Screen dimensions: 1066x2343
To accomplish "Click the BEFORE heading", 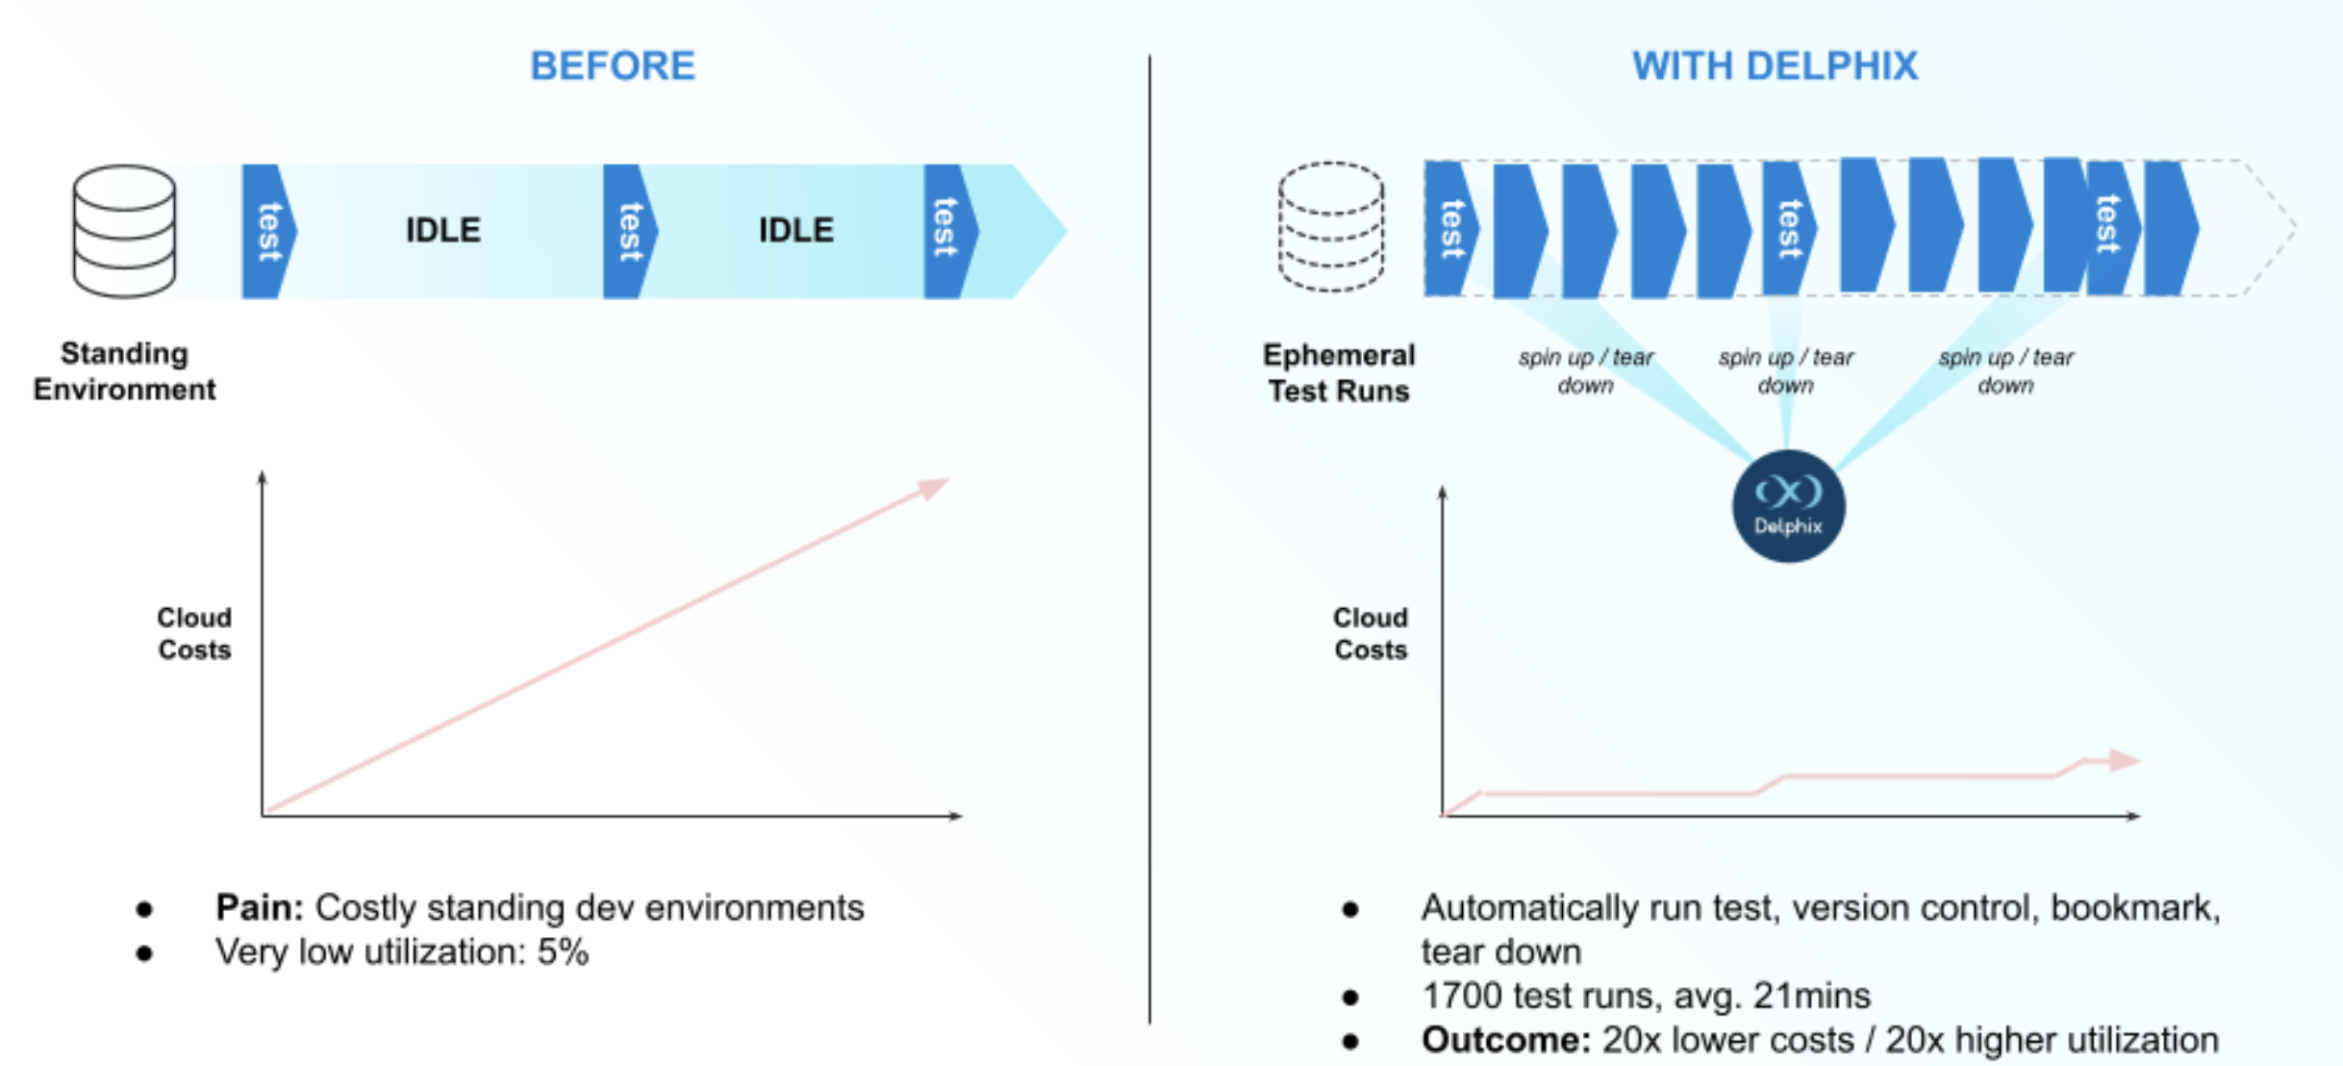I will pos(613,66).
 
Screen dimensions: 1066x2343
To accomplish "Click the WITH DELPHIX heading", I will pos(1775,66).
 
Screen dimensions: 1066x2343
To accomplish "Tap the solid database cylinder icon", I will pos(124,231).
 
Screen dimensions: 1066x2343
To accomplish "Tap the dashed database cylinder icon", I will pos(1331,227).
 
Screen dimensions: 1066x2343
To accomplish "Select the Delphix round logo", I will pos(1788,506).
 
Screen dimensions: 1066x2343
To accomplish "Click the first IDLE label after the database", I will pos(442,230).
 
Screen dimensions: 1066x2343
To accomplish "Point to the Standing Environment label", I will pos(124,371).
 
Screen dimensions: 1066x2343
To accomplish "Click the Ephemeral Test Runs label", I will pos(1338,373).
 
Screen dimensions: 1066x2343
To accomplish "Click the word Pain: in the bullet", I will pos(259,907).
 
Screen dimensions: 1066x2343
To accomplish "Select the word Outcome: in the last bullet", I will pos(1505,1040).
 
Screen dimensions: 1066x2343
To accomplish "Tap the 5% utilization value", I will pos(563,952).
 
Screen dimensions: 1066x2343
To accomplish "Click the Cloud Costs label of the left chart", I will pos(194,634).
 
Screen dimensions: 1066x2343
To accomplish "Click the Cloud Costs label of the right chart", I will pos(1370,634).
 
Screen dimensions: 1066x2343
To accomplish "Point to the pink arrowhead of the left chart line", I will pos(932,488).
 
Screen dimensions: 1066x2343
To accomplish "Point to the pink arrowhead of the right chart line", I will pos(2124,760).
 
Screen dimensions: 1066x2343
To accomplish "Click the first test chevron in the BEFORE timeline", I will pos(268,231).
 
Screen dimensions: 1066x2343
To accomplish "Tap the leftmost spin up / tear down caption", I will pos(1585,371).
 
